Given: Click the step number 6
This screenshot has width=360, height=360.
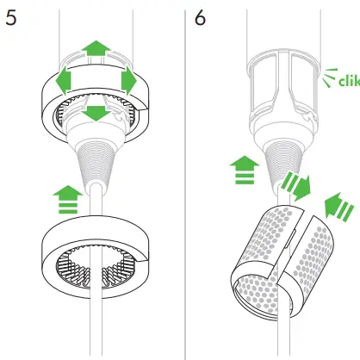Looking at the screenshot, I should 202,18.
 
